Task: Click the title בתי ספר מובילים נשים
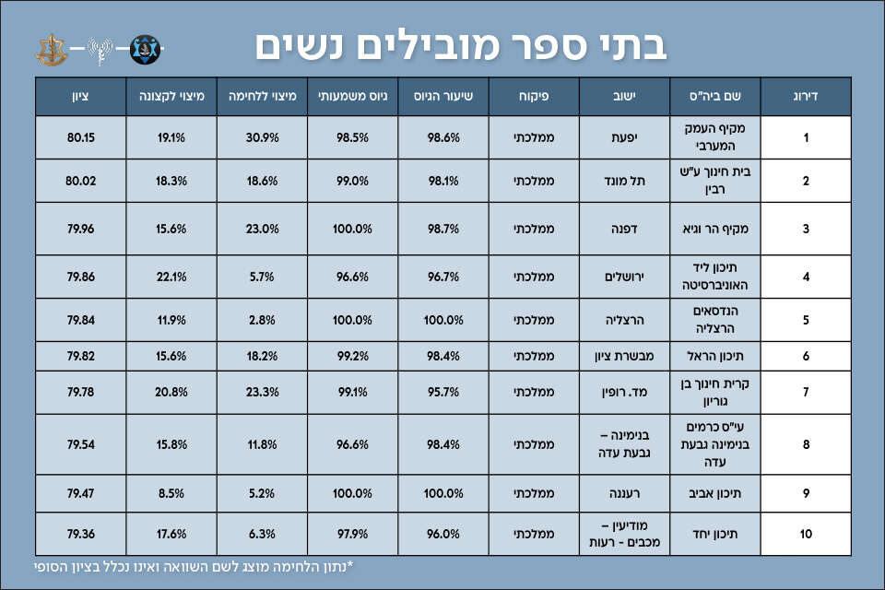pos(460,44)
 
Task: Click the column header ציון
pos(81,96)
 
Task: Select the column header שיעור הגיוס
pos(443,96)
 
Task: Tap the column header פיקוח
pos(534,96)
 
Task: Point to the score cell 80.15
pos(81,137)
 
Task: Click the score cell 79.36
pos(81,534)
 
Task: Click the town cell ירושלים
pos(624,276)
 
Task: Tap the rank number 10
pos(806,534)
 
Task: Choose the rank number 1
pos(806,137)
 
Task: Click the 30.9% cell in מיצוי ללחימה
pos(263,137)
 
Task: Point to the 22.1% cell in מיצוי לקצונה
pos(171,276)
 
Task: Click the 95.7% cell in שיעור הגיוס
pos(443,392)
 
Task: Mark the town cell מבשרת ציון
pos(624,356)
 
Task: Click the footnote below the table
pos(194,567)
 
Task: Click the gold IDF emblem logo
pos(51,46)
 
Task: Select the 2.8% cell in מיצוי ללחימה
pos(263,320)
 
